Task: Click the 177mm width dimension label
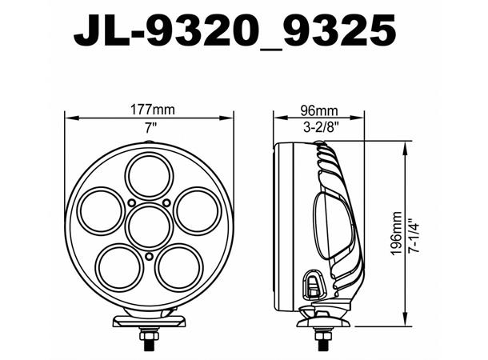150,110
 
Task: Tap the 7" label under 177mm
150,126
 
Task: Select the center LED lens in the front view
149,225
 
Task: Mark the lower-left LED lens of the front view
119,266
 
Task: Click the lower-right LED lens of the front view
178,266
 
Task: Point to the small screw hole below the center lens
149,256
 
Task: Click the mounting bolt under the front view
150,339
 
